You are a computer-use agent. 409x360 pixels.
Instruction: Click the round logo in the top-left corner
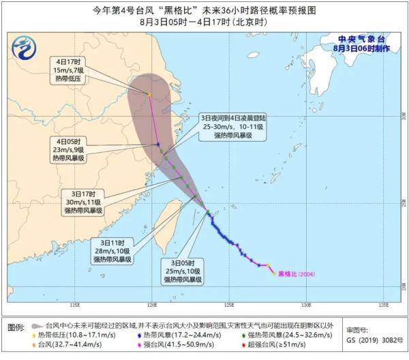coord(25,48)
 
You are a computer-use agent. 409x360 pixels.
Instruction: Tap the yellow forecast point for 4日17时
coord(149,94)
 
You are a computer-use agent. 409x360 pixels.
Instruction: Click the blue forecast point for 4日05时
coord(158,144)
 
